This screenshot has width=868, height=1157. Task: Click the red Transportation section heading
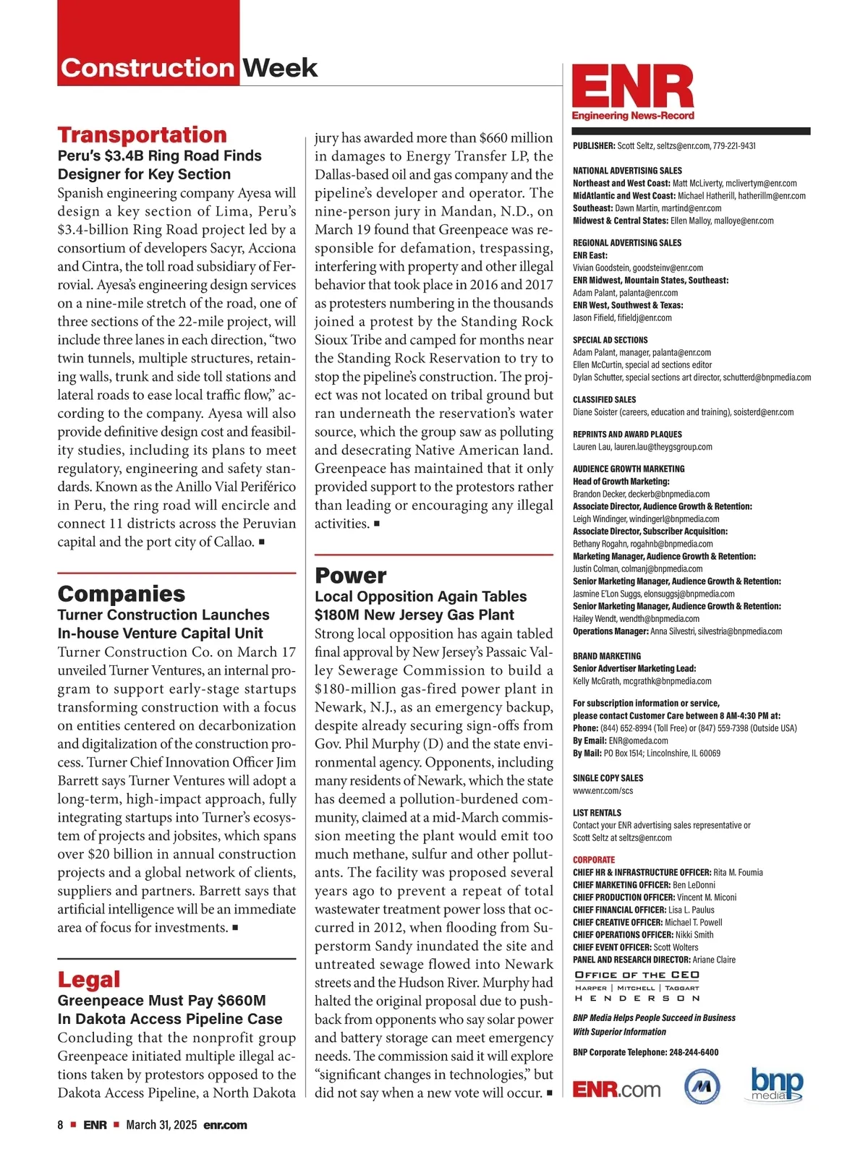[x=142, y=135]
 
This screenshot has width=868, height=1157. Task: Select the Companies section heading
[x=121, y=594]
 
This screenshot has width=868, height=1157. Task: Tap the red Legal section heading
[x=89, y=979]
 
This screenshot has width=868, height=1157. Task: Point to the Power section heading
[x=350, y=576]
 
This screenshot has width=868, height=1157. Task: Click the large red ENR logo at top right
[x=633, y=89]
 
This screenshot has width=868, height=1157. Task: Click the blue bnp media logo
[x=776, y=1085]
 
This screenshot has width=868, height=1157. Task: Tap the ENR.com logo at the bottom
[x=616, y=1089]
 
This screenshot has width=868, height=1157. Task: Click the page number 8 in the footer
[x=61, y=1125]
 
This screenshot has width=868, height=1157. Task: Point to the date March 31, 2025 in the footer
[x=161, y=1125]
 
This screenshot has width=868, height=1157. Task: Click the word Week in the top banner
[x=279, y=68]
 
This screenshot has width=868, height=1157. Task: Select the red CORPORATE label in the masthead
[x=593, y=860]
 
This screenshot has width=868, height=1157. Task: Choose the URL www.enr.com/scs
[x=603, y=790]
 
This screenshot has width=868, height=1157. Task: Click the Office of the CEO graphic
[x=637, y=986]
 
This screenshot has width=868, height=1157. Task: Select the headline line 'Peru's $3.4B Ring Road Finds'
[x=159, y=155]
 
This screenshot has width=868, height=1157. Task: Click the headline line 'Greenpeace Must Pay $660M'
[x=161, y=1001]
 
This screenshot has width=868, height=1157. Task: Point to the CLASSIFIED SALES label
[x=604, y=399]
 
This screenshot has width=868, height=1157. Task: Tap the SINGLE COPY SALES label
[x=608, y=778]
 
